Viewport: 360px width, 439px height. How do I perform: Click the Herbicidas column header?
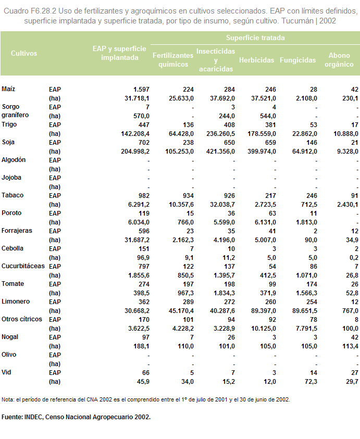256,60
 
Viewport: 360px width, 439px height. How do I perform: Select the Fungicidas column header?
297,60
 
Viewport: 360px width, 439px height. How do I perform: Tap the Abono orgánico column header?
339,60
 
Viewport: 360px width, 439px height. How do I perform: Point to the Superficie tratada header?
255,38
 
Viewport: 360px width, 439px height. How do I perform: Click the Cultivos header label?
24,53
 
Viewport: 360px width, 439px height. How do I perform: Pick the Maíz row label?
8,89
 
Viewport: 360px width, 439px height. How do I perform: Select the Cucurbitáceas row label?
23,266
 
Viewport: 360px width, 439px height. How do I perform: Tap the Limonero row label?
16,302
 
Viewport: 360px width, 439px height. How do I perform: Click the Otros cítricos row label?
22,319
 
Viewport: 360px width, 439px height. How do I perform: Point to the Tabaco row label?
13,195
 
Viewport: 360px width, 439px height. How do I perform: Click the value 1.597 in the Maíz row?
142,90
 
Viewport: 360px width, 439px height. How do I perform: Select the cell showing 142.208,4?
135,134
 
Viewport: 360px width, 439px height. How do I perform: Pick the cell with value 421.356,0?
221,152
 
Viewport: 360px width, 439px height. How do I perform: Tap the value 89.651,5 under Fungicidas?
305,311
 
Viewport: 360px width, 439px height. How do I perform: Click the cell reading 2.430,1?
347,205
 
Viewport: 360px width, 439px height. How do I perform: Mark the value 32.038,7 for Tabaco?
222,205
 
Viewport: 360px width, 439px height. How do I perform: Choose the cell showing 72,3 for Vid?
311,382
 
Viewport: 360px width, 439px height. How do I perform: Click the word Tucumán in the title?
297,21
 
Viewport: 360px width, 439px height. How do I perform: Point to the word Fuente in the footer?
12,417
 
